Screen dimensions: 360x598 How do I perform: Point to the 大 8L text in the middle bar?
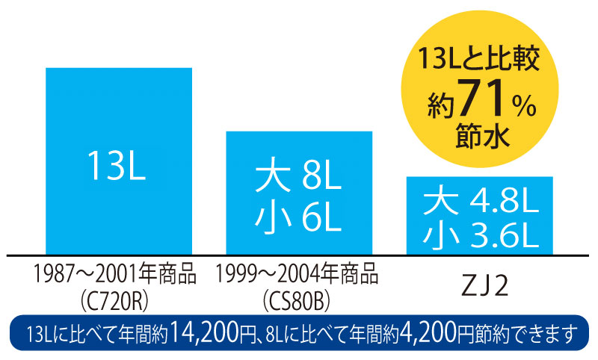(x=298, y=180)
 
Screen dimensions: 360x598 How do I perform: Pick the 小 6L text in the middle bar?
(x=298, y=220)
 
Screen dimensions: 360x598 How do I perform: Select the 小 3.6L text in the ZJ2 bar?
(x=480, y=235)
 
